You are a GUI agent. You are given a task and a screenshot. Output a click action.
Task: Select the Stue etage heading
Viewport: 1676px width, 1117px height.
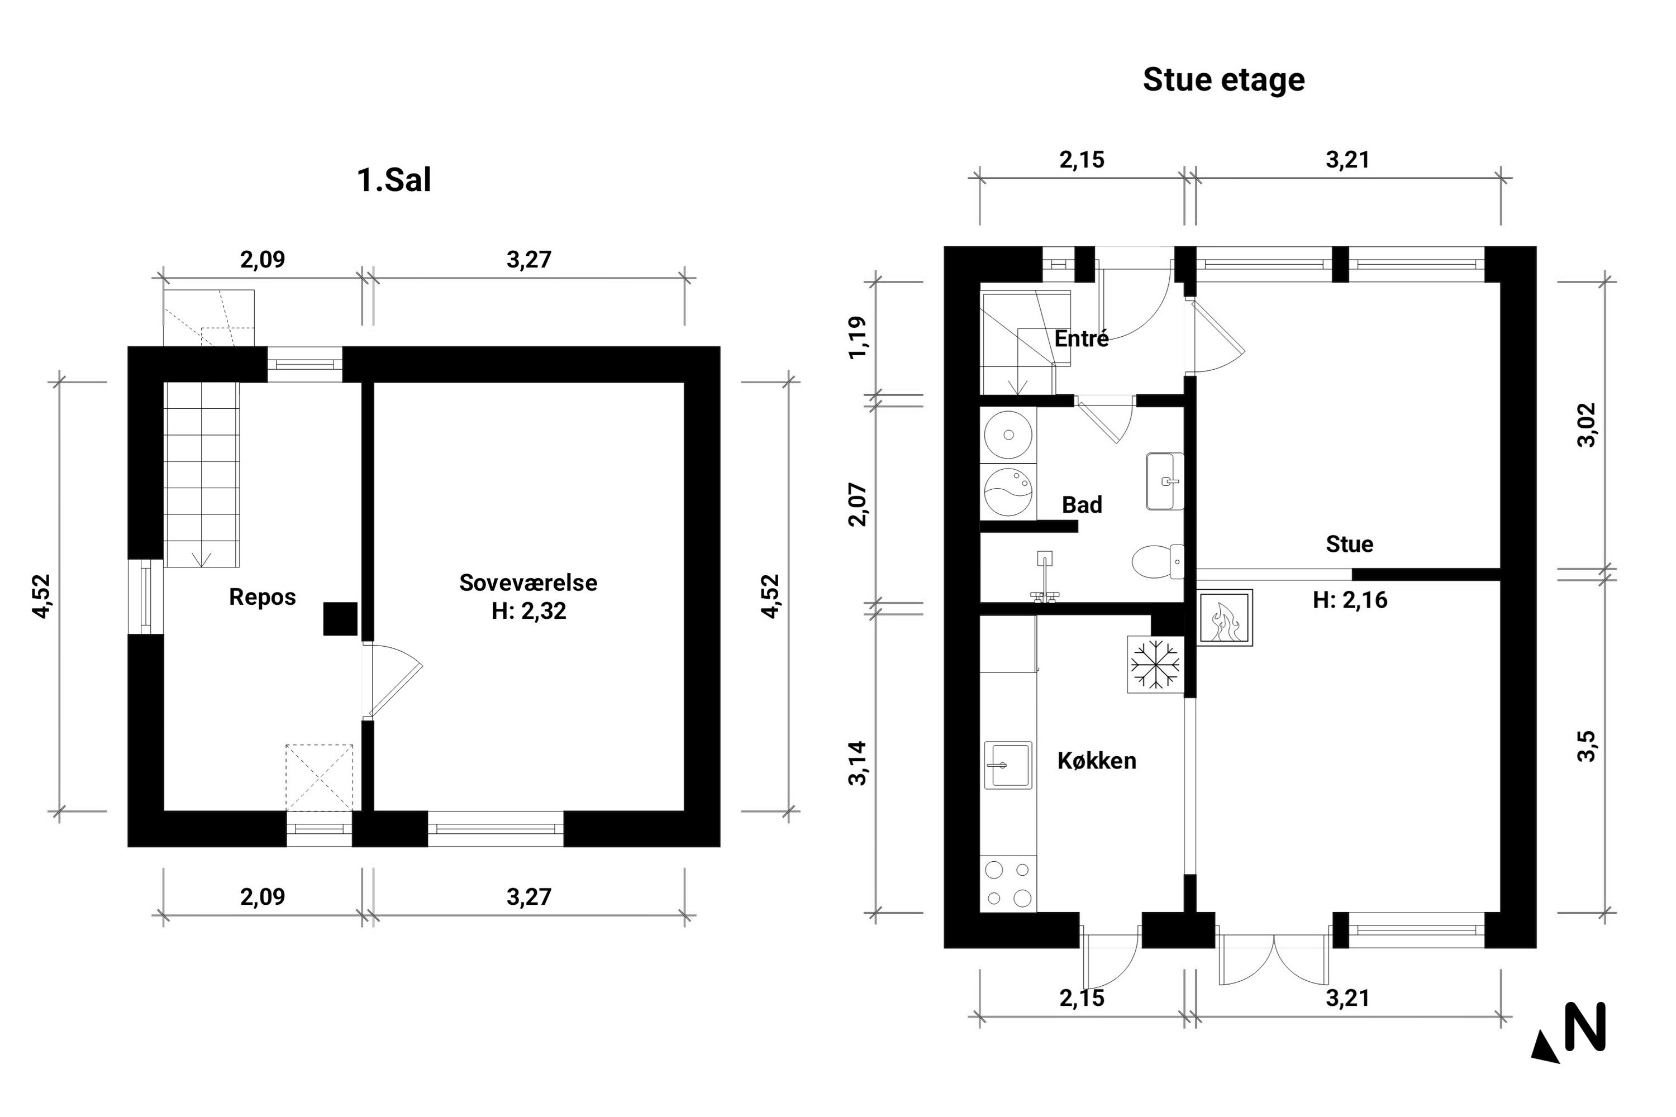point(1223,80)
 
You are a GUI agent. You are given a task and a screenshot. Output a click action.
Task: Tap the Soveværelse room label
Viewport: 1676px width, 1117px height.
point(528,583)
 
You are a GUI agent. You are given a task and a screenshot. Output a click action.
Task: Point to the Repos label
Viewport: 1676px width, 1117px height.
point(262,597)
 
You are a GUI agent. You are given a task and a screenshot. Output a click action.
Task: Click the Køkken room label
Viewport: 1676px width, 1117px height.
point(1097,761)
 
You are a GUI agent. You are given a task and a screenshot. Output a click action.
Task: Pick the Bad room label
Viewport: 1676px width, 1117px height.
point(1082,505)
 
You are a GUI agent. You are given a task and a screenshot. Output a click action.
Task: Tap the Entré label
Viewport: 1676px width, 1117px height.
point(1082,339)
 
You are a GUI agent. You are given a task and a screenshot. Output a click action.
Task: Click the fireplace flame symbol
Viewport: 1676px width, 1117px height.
point(1224,618)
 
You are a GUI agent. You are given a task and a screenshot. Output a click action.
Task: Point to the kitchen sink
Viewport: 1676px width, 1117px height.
point(1008,765)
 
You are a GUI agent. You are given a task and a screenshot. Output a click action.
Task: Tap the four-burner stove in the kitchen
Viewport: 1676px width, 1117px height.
point(1008,884)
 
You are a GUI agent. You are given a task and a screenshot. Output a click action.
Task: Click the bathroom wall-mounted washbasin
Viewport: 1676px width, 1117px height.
point(1165,481)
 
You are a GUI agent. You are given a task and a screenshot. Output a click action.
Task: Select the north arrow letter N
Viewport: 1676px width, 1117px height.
point(1585,1026)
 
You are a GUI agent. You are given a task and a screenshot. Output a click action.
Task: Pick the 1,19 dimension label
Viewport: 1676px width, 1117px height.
point(858,338)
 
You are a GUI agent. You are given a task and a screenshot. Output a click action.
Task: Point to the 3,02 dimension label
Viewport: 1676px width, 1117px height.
point(1587,425)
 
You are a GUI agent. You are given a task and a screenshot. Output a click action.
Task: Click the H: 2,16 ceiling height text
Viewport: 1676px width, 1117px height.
point(1350,600)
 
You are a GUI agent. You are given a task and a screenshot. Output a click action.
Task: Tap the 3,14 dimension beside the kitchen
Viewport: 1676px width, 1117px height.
point(858,763)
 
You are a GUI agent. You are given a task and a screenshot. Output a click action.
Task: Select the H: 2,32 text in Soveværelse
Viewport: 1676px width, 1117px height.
point(528,611)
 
